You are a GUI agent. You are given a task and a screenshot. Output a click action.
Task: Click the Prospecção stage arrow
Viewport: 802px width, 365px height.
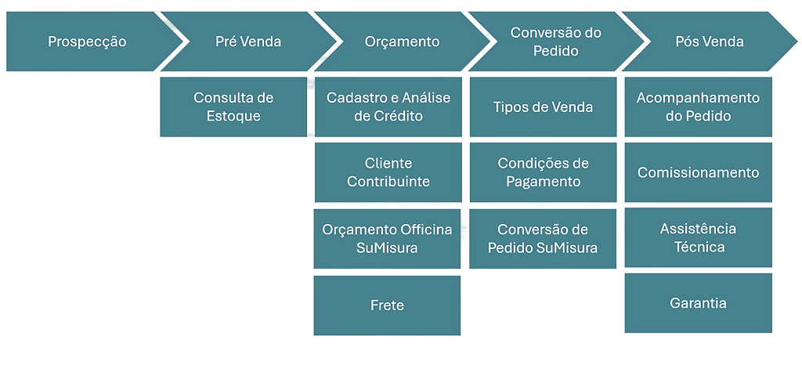click(x=86, y=42)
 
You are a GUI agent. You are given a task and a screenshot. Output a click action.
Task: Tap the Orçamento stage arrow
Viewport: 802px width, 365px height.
click(x=402, y=42)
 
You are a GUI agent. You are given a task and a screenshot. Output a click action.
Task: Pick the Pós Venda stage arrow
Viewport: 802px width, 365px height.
click(x=709, y=42)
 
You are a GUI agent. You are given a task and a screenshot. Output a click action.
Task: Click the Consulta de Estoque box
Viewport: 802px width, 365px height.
click(x=233, y=107)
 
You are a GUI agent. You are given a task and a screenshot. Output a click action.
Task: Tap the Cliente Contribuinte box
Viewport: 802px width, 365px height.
click(x=388, y=172)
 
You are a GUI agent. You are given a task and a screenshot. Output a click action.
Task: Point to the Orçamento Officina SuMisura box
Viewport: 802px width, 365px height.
click(x=388, y=238)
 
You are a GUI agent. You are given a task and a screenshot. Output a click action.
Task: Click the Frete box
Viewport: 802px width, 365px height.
click(x=388, y=305)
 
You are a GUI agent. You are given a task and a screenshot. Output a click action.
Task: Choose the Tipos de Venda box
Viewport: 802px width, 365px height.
click(x=543, y=107)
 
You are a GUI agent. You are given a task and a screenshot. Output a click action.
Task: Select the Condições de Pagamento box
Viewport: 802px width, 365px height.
click(x=543, y=172)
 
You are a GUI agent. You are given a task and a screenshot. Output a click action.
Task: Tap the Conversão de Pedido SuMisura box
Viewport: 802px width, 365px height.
click(x=543, y=238)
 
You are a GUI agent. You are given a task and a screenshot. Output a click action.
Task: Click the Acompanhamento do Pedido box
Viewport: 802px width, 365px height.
click(x=698, y=107)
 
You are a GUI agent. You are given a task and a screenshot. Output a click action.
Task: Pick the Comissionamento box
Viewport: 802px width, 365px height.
click(x=698, y=172)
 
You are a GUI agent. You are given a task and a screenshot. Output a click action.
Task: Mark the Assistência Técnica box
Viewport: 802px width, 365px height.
click(x=698, y=238)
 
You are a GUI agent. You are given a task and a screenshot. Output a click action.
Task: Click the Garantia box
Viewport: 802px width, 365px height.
click(x=698, y=303)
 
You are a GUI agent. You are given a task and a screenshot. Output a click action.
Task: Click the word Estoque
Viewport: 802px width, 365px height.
click(x=233, y=117)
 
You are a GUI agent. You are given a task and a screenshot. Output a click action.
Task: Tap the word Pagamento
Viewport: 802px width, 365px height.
click(x=543, y=182)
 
